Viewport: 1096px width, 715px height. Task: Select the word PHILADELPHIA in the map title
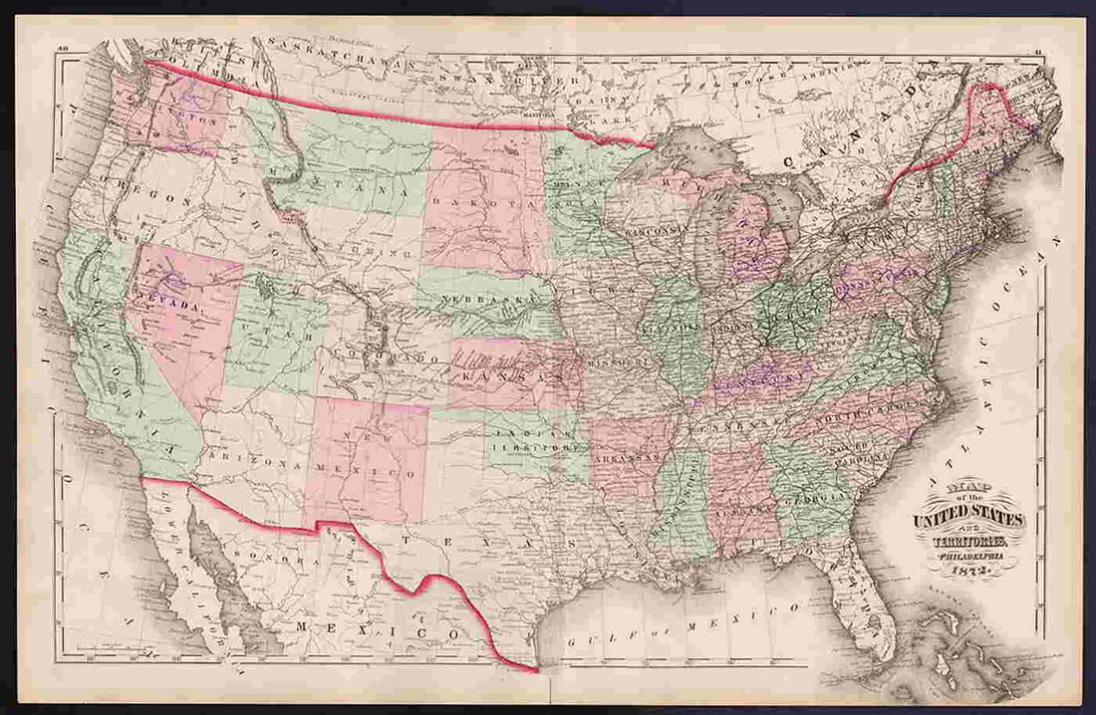[965, 557]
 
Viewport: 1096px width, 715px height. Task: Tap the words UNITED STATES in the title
[967, 519]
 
